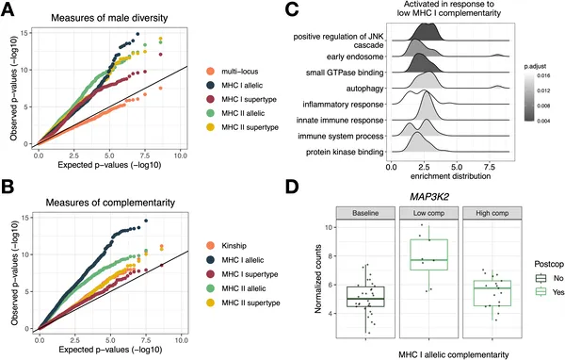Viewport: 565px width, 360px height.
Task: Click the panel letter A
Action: click(8, 8)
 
